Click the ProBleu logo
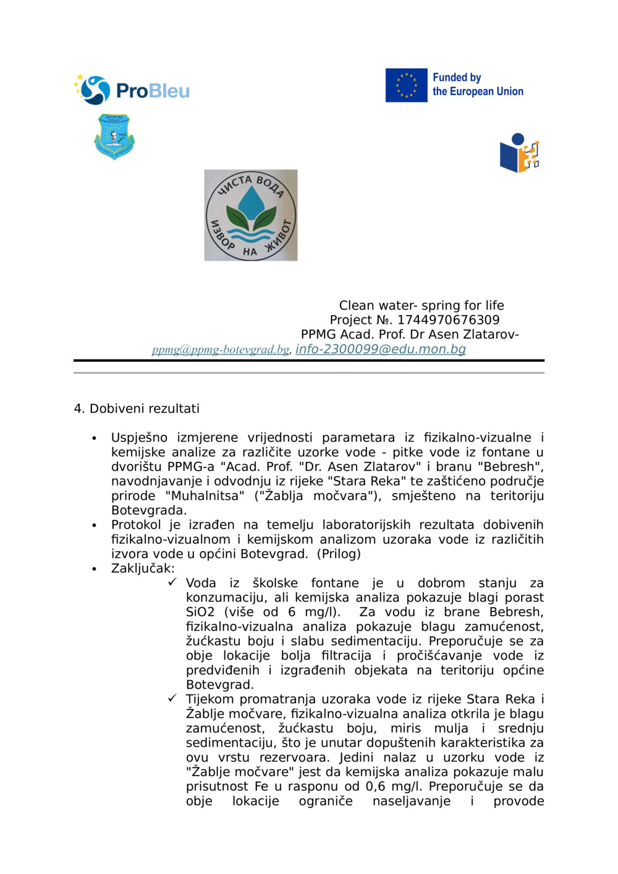click(132, 90)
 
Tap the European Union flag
click(406, 85)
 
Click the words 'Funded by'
click(457, 77)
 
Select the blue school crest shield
click(114, 137)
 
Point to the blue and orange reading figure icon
click(519, 153)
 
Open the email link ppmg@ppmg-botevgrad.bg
click(221, 350)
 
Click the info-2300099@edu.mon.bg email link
click(381, 349)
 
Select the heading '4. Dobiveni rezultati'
click(137, 408)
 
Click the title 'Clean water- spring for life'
click(421, 305)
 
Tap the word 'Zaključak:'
click(143, 568)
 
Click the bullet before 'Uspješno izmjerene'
click(94, 438)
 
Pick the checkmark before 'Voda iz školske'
click(172, 582)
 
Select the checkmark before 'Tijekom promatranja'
click(172, 699)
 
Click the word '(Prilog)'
click(339, 554)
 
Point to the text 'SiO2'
click(200, 612)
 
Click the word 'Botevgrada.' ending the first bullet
click(149, 510)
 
